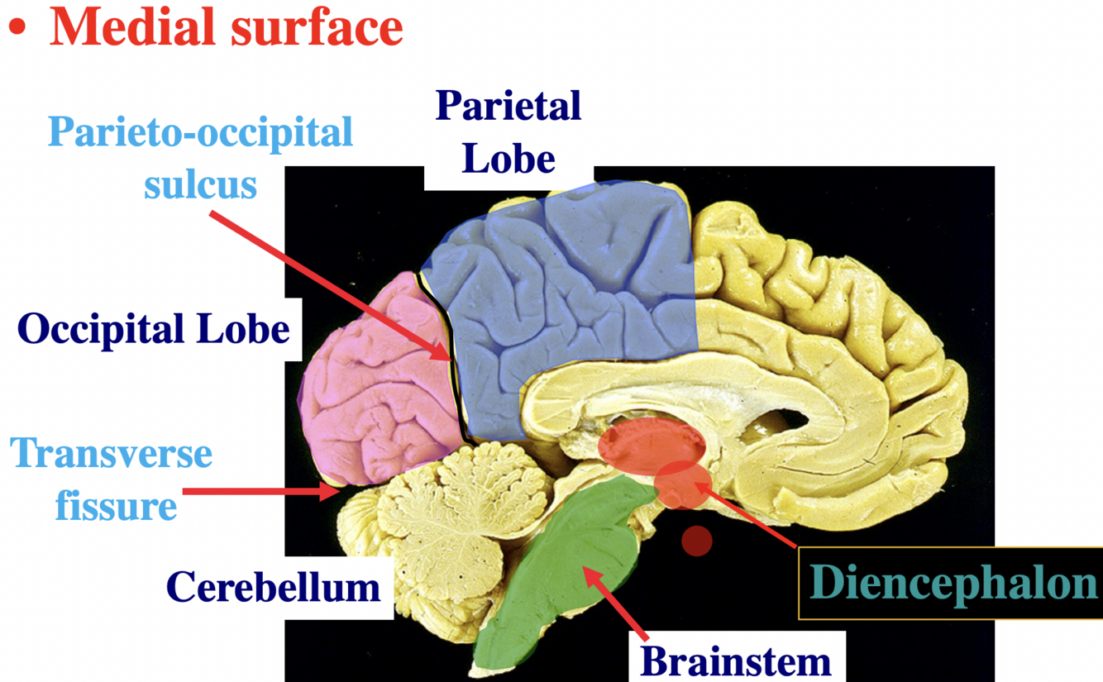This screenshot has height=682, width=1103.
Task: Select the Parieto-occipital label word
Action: pyautogui.click(x=199, y=133)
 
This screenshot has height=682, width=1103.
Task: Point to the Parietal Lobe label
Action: pyautogui.click(x=509, y=132)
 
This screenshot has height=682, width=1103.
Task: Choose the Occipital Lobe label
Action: pyautogui.click(x=154, y=330)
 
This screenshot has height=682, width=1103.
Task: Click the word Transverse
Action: pyautogui.click(x=112, y=453)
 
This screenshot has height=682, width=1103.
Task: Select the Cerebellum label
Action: pyautogui.click(x=274, y=587)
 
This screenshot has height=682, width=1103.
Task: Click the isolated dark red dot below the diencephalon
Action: pyautogui.click(x=697, y=541)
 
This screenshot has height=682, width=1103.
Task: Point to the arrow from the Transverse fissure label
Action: pyautogui.click(x=256, y=492)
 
